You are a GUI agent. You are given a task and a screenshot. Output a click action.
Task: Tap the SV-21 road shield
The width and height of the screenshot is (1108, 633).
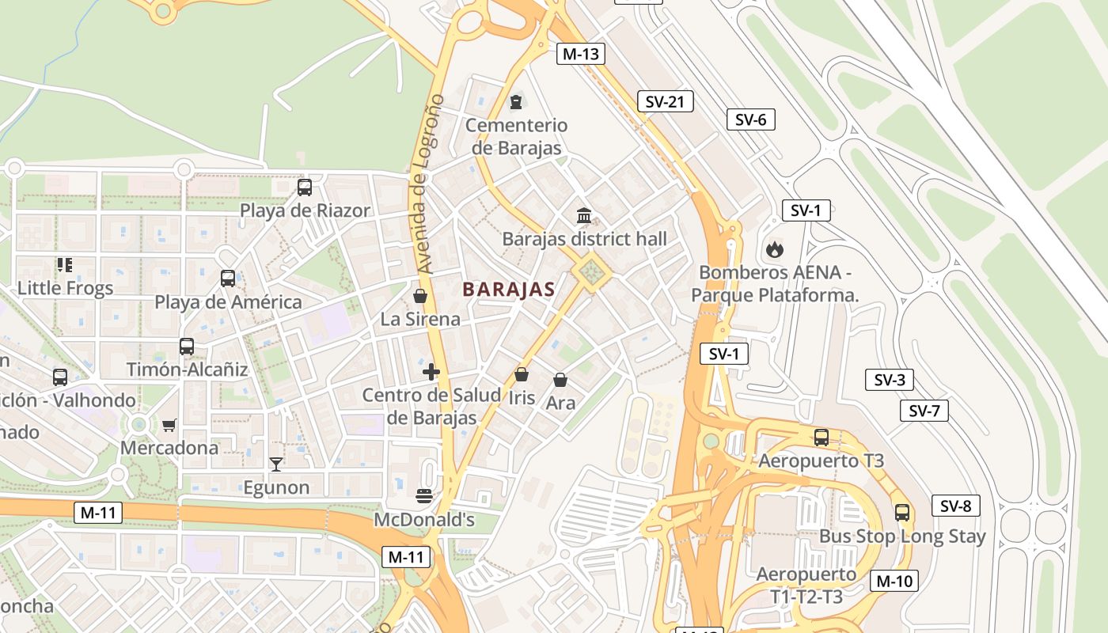point(665,101)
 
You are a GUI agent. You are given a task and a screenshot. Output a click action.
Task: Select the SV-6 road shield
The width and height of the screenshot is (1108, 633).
point(750,119)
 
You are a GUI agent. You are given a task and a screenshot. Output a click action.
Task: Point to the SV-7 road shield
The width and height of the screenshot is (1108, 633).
point(924,411)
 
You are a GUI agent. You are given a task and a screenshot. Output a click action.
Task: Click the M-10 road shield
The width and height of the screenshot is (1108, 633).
point(894,581)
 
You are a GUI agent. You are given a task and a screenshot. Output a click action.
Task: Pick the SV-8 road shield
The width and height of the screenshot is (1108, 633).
point(956,506)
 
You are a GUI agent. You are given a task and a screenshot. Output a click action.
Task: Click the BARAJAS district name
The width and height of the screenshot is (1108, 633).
point(509,290)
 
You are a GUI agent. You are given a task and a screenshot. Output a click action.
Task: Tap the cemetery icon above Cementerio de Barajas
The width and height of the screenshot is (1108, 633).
point(516,101)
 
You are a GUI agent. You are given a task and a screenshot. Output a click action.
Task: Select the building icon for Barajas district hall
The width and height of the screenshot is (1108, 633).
point(584,215)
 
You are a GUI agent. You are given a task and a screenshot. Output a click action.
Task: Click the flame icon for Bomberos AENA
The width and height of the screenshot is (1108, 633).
point(773,250)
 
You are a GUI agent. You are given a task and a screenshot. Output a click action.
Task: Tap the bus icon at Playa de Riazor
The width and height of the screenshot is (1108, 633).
point(305,188)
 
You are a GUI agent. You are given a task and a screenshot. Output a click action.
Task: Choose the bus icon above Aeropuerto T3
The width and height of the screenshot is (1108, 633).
point(822,437)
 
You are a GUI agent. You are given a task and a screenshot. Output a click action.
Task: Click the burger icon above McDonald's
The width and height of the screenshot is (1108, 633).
point(424,496)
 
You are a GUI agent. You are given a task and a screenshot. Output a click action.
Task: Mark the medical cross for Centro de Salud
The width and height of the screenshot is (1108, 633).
point(431,372)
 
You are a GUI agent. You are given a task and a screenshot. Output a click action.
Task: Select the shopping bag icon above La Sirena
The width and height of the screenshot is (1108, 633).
point(420,296)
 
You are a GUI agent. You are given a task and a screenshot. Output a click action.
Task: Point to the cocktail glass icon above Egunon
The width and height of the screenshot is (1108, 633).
point(275,464)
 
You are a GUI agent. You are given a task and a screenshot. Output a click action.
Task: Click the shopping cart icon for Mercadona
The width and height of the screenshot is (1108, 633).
point(169,425)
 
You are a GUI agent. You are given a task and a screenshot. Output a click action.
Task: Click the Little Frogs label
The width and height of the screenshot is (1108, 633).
point(65,288)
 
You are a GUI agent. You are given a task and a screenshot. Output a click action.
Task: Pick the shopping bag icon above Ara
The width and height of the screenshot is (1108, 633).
point(560,380)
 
